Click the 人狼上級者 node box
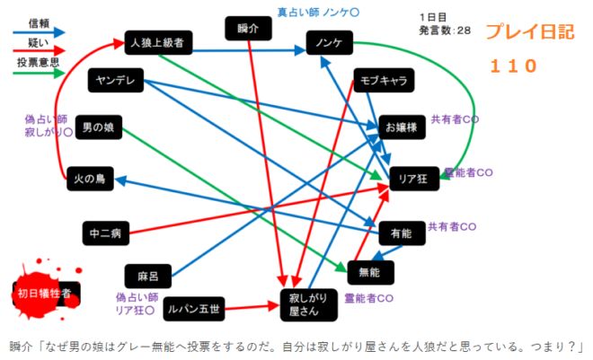point(157,42)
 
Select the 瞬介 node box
point(253,30)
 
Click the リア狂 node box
point(414,180)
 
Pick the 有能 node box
point(402,233)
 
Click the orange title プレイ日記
point(529,33)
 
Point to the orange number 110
point(513,65)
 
